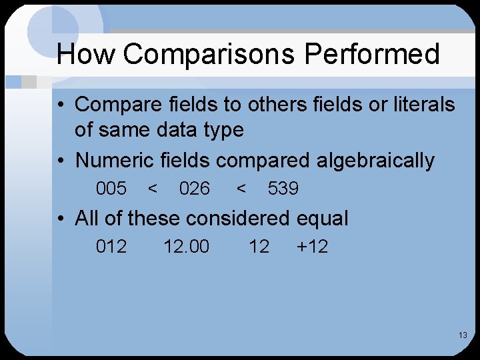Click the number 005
[111, 189]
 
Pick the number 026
[195, 189]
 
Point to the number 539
[283, 189]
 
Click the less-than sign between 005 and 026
[153, 189]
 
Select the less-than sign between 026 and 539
[242, 189]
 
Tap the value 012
[111, 247]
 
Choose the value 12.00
[187, 247]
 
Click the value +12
[312, 247]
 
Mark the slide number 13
[463, 335]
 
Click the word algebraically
[375, 161]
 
